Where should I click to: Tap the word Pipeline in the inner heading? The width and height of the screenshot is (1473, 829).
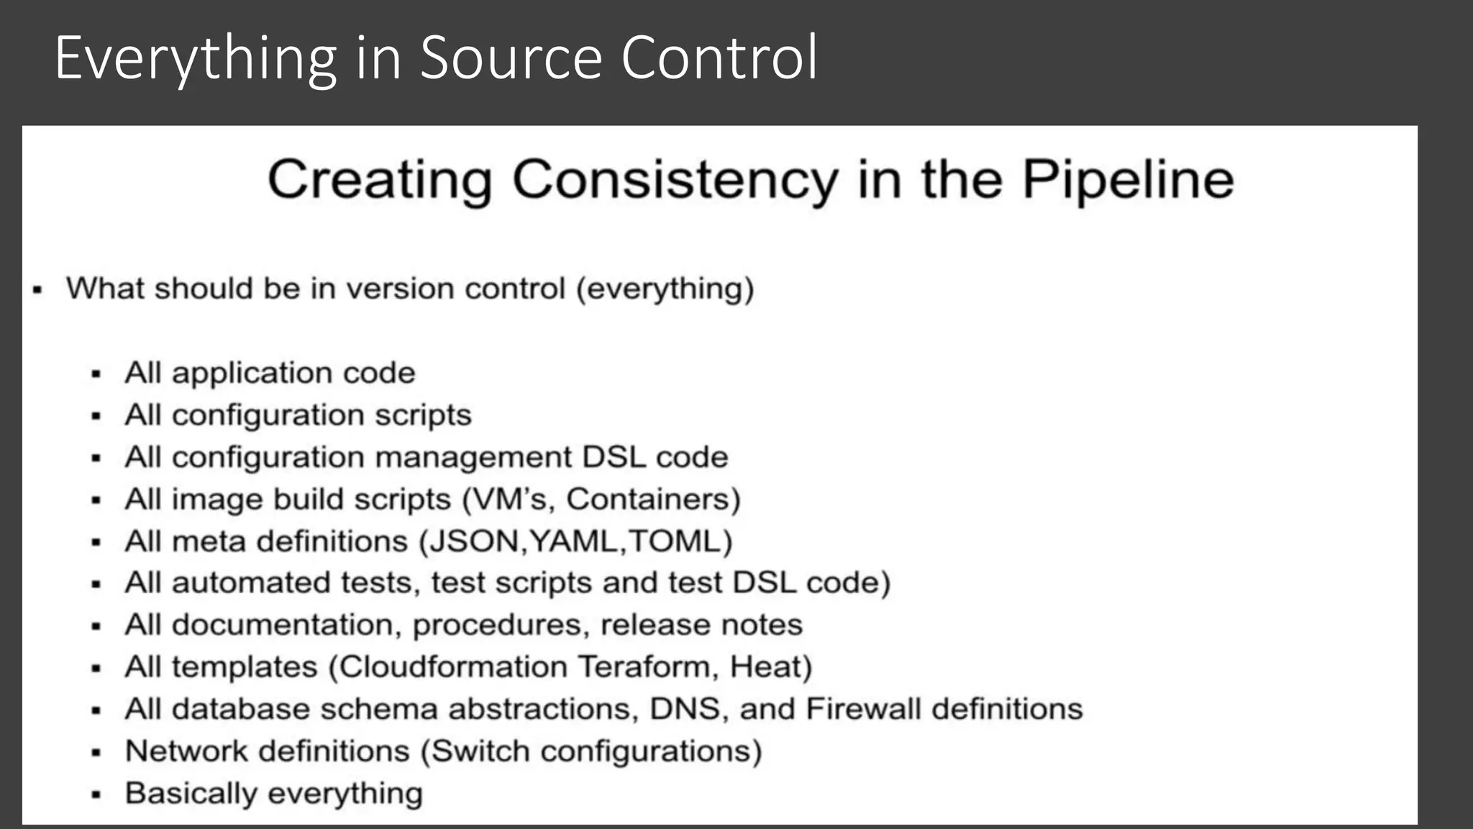1127,180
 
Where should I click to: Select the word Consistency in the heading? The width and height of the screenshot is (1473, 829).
675,180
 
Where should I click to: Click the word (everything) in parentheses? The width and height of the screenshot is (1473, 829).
665,289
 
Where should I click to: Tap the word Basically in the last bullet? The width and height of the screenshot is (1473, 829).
190,794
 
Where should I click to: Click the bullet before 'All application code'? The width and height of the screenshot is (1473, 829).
96,374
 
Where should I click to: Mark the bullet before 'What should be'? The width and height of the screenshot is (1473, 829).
37,290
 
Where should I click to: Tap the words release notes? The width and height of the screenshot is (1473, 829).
701,625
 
